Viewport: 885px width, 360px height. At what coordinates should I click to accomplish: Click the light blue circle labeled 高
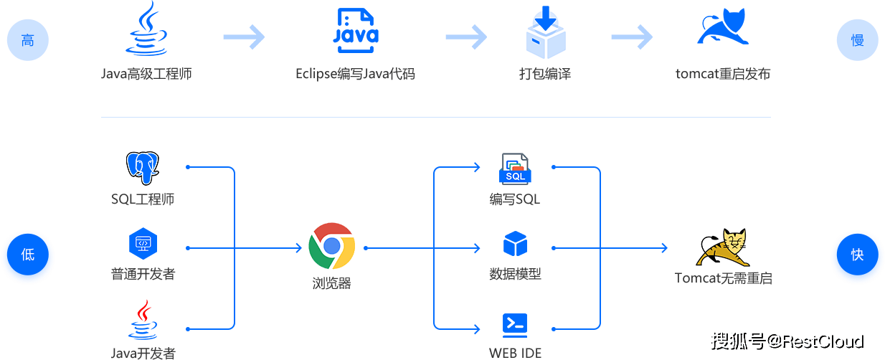(28, 40)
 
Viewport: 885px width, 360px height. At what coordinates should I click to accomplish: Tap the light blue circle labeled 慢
(857, 40)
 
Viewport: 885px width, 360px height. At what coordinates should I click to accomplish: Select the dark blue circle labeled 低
(28, 255)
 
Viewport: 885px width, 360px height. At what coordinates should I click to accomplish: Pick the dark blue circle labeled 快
(857, 255)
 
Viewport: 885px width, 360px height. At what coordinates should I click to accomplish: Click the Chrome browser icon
(332, 246)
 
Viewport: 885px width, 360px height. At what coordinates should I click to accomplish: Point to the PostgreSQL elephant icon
(143, 168)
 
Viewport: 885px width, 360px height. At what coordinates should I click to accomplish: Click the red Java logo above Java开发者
(143, 320)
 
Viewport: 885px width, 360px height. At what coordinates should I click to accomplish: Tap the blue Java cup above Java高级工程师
(146, 29)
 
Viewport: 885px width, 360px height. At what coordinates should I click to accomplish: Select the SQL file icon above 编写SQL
(515, 169)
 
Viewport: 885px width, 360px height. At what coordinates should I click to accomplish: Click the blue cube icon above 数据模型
(515, 244)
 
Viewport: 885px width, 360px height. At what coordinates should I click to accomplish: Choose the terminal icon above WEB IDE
(515, 326)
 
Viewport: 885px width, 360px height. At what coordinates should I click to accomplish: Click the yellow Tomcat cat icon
(723, 247)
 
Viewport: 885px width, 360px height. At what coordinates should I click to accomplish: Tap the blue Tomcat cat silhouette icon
(723, 27)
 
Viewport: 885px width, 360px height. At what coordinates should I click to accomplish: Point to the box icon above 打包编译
(546, 32)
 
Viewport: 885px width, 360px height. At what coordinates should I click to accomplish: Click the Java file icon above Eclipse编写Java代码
(356, 31)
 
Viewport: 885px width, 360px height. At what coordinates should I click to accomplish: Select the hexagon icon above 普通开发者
(143, 243)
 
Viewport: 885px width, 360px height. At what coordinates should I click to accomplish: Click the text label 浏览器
(332, 283)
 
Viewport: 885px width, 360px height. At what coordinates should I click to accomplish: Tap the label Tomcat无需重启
(723, 278)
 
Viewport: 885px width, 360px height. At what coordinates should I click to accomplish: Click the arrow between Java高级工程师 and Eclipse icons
(244, 37)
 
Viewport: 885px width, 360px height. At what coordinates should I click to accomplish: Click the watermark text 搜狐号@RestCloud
(787, 341)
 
